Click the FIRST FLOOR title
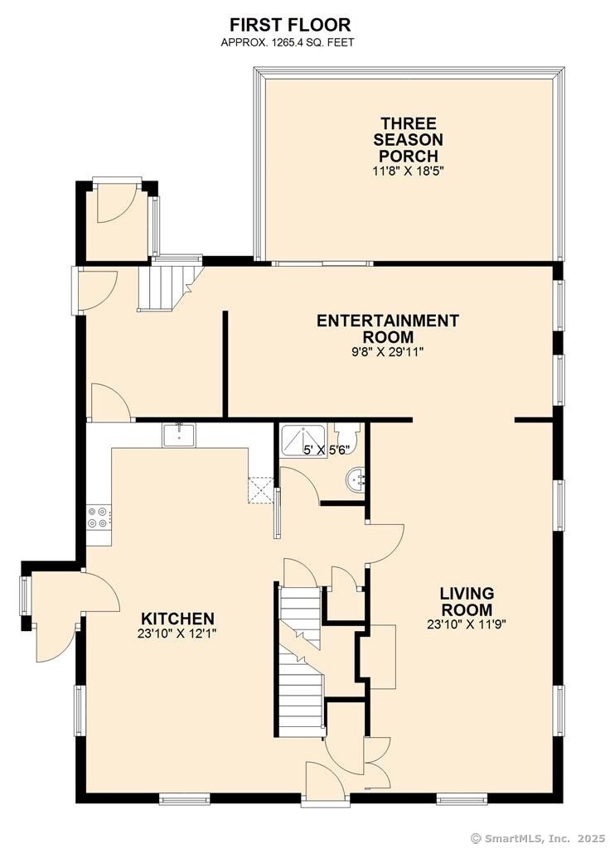point(290,25)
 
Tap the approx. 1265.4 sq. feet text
point(288,43)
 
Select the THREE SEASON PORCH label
point(408,139)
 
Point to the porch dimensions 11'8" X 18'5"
point(408,171)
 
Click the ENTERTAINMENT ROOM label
point(388,328)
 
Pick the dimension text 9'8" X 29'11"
point(388,352)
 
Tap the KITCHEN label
point(177,618)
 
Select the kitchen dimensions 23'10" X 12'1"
point(177,634)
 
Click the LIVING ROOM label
point(467,601)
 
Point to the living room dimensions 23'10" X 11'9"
point(467,624)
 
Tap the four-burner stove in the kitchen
point(99,517)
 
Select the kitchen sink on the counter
point(179,435)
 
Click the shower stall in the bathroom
point(303,440)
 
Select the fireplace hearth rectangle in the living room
point(383,657)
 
